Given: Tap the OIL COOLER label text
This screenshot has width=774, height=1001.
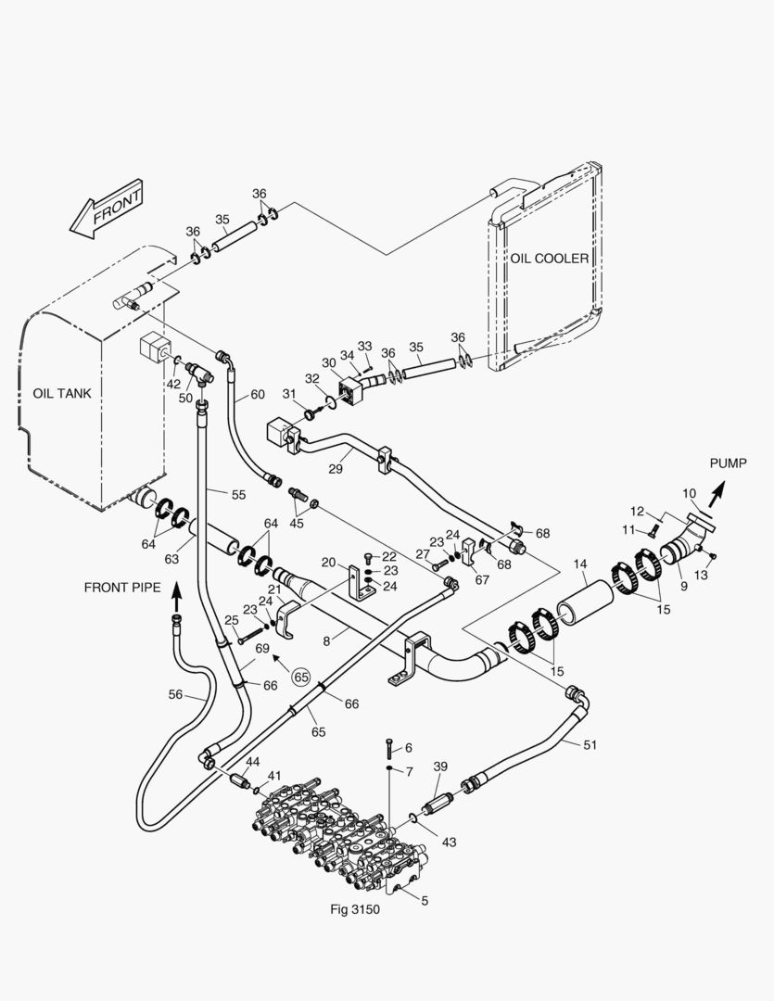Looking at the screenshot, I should click(549, 259).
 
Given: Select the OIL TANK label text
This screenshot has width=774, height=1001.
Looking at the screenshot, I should click(62, 393).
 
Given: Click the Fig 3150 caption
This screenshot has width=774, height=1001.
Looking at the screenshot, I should click(355, 909).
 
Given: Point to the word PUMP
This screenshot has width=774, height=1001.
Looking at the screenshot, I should click(728, 462).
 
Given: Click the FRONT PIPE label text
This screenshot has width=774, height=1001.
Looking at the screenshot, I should click(122, 587).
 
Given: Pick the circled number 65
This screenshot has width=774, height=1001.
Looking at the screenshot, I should click(300, 677).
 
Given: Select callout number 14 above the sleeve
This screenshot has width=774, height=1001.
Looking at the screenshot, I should click(580, 564).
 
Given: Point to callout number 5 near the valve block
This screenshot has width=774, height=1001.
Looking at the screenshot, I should click(425, 899).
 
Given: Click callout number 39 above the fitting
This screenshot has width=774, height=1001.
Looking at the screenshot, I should click(440, 766).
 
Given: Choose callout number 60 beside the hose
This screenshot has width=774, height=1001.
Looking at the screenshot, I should click(257, 395).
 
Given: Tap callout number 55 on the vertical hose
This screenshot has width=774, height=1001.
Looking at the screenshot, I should click(238, 495).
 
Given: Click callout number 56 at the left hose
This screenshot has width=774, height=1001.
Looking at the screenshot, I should click(175, 693).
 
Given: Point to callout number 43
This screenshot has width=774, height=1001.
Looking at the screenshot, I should click(450, 842).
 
